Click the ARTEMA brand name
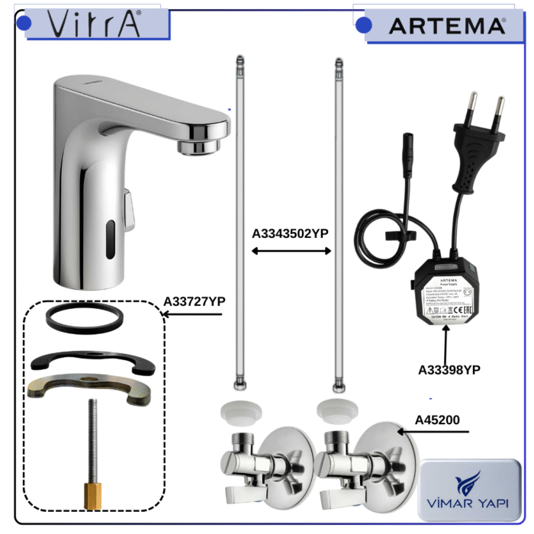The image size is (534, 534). click(446, 26)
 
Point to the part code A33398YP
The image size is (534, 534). click(449, 369)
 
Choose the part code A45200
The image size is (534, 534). click(439, 420)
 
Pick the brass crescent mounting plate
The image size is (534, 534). click(90, 388)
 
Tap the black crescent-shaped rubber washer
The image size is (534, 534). click(92, 362)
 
